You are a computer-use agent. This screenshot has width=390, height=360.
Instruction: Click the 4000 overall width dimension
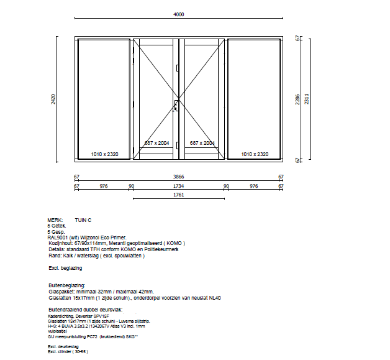coord(179,14)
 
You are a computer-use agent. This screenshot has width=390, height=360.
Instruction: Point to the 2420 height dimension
coord(54,98)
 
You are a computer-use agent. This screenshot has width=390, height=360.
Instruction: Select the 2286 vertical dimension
coord(297,98)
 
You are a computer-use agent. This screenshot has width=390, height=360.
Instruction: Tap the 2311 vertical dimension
coord(306,98)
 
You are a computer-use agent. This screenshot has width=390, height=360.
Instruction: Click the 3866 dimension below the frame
coord(178,177)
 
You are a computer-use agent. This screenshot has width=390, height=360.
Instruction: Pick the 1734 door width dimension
coord(178,186)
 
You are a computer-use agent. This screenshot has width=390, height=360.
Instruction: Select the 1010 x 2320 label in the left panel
coord(104,154)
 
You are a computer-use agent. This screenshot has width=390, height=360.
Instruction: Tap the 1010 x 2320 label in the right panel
coord(255,154)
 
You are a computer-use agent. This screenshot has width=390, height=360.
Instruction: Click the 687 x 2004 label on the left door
coord(157,143)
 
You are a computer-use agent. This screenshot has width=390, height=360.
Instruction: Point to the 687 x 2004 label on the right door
coord(202,143)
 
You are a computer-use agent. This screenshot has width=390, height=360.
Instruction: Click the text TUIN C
coord(83,220)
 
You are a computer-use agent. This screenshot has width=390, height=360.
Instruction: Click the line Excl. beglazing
coord(65,268)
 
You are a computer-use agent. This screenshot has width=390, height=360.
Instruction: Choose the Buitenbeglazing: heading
coord(66,285)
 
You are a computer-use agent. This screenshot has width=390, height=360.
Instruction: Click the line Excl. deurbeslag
coord(63,346)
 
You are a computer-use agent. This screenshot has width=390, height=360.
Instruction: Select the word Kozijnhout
coord(61,242)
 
